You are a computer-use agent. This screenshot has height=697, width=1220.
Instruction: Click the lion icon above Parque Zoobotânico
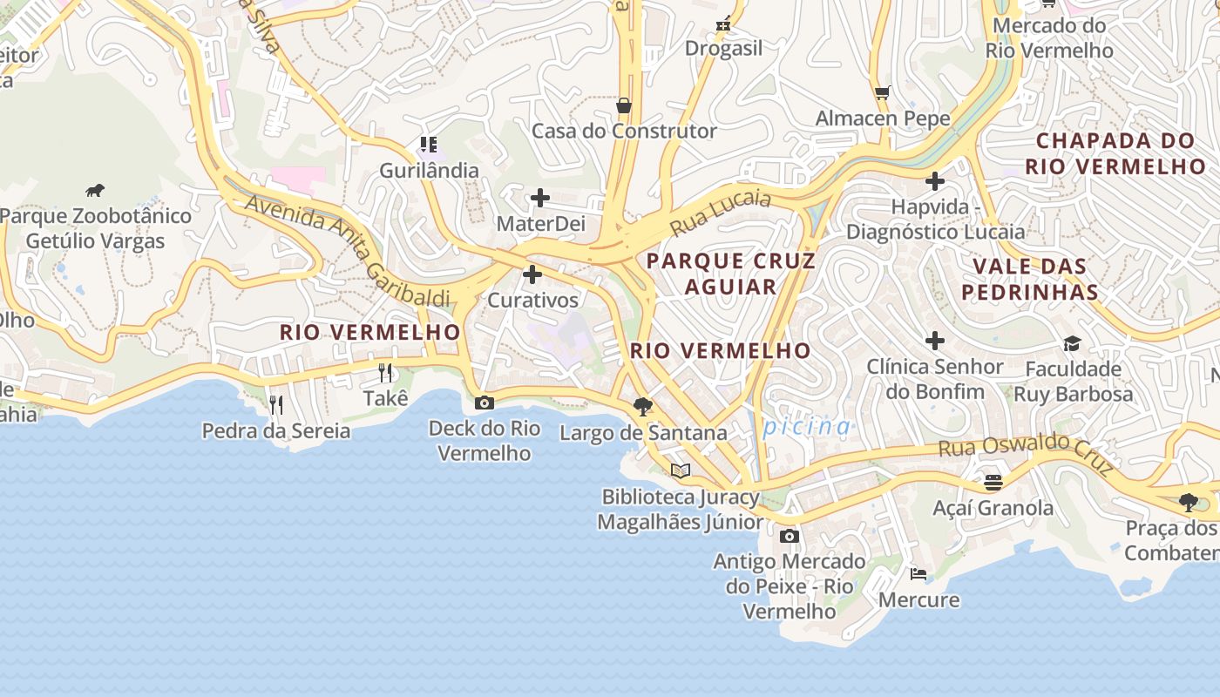click(95, 190)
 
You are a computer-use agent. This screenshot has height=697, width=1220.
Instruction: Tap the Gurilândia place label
click(429, 170)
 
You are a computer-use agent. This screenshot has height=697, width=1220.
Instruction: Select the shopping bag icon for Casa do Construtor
click(623, 105)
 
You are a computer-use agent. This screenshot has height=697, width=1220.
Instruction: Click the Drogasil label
click(723, 49)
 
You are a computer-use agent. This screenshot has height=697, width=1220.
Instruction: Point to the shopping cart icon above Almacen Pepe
click(882, 92)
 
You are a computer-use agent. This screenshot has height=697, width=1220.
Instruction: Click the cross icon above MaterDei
click(540, 198)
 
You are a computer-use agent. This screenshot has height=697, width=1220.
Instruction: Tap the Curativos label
click(532, 301)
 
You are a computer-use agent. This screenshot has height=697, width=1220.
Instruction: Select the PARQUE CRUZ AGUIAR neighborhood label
click(730, 274)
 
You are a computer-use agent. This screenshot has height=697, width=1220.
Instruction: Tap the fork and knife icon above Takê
click(385, 373)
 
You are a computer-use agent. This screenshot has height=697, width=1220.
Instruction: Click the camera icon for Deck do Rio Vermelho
click(485, 403)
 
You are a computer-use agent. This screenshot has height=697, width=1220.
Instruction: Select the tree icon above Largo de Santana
click(643, 406)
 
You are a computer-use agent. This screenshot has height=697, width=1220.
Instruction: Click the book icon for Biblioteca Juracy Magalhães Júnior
click(681, 470)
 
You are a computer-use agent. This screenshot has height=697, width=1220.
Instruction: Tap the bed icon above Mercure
click(918, 573)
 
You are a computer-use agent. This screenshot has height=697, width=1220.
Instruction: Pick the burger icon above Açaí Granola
click(993, 482)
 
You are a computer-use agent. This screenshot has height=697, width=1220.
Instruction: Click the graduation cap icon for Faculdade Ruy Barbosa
click(1072, 343)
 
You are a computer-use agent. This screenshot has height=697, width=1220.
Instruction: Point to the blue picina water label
click(806, 427)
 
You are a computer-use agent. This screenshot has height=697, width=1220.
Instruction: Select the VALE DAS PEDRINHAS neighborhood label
click(1029, 279)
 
